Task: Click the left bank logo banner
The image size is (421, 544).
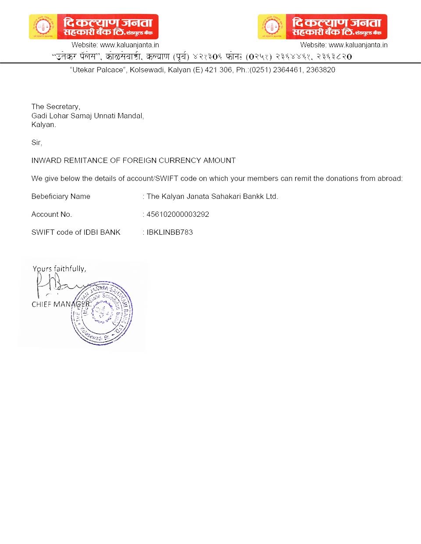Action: point(93,27)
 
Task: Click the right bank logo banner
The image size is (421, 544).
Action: point(322,27)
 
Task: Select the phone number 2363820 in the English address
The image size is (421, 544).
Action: point(321,70)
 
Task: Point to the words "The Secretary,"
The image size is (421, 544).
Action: point(56,106)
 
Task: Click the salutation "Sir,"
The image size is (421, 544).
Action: point(37,142)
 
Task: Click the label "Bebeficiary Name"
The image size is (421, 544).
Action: point(61,196)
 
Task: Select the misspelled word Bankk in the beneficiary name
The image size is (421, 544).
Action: point(254,196)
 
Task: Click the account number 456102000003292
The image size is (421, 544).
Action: point(178,214)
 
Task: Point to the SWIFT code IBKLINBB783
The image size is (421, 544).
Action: point(170,232)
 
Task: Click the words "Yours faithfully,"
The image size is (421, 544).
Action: point(59,268)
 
